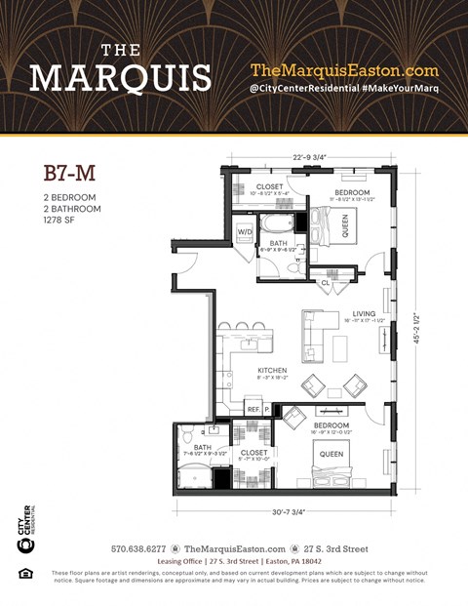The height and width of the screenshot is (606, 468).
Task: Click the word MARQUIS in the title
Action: pyautogui.click(x=120, y=77)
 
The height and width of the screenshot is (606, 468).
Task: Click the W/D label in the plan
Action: pyautogui.click(x=245, y=231)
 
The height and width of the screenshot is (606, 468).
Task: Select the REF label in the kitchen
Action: pyautogui.click(x=253, y=410)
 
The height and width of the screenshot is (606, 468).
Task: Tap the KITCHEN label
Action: pyautogui.click(x=271, y=371)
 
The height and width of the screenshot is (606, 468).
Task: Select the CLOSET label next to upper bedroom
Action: pyautogui.click(x=269, y=185)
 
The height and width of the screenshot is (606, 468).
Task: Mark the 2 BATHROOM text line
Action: pyautogui.click(x=72, y=209)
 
